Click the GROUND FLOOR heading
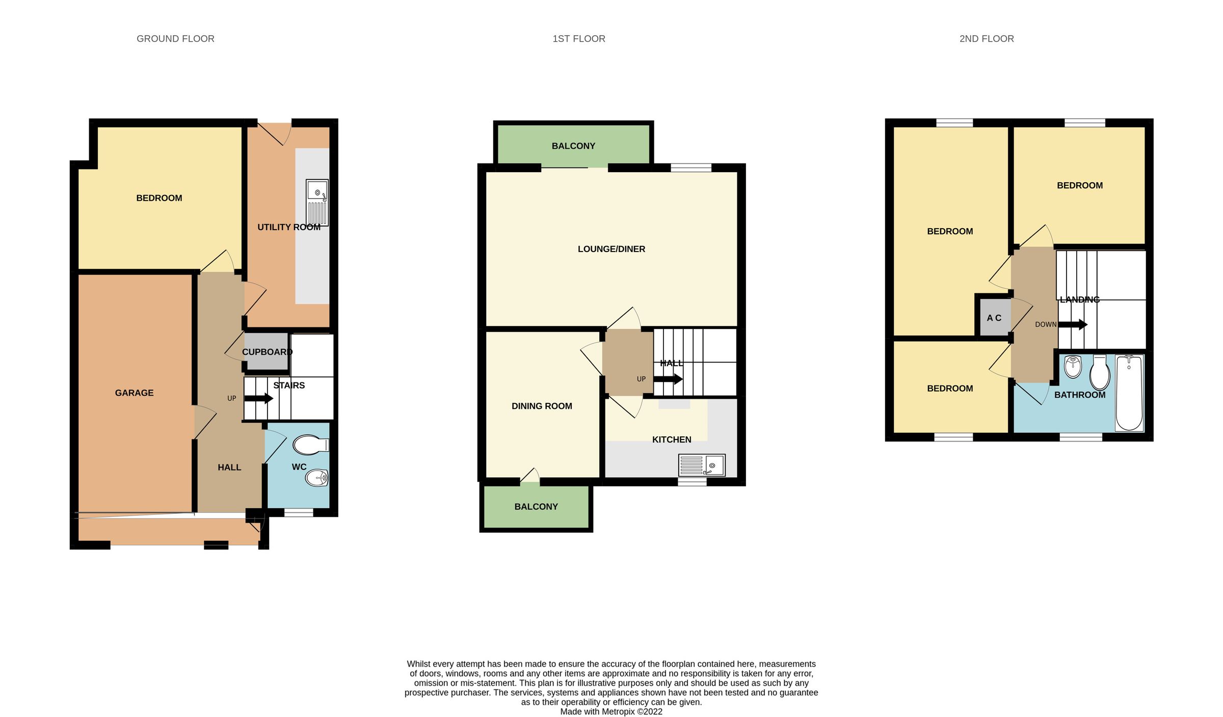click(x=175, y=39)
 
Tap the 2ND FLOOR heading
click(x=986, y=39)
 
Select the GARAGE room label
click(x=134, y=393)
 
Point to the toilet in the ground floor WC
click(x=310, y=445)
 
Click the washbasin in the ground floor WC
click(x=316, y=478)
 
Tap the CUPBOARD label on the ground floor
click(x=267, y=352)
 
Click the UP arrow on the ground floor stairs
click(x=259, y=398)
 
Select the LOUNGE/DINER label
click(x=611, y=249)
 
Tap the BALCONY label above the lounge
click(x=573, y=146)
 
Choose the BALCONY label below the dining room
click(x=536, y=507)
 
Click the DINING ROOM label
click(x=542, y=406)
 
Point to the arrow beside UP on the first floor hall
click(x=668, y=379)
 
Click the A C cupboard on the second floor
click(x=994, y=318)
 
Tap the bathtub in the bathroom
click(x=1129, y=393)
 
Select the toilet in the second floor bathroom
click(x=1100, y=373)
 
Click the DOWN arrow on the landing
click(x=1073, y=324)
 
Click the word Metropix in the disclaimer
click(x=618, y=711)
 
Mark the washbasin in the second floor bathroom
click(x=1073, y=366)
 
